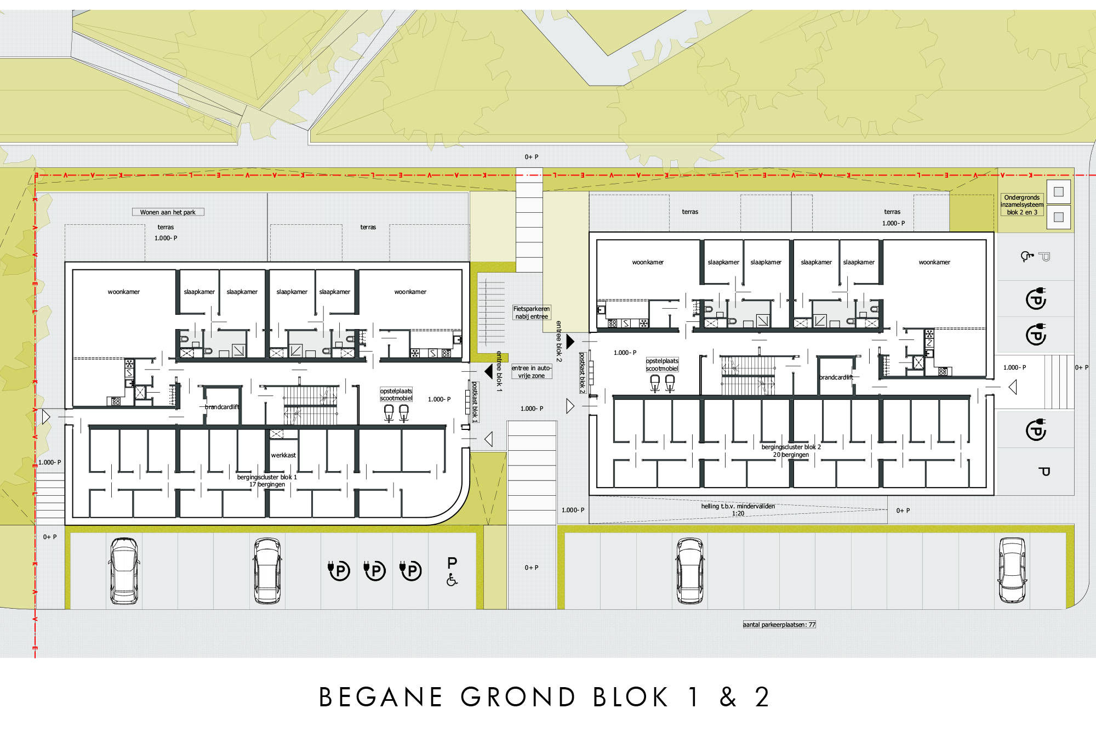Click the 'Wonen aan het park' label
(x=168, y=212)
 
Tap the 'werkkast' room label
(x=283, y=455)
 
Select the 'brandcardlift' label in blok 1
(x=222, y=407)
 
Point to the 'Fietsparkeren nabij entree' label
(x=532, y=313)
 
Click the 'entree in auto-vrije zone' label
(x=531, y=372)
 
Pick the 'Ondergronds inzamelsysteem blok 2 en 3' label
(x=1022, y=205)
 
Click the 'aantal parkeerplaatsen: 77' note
(x=779, y=625)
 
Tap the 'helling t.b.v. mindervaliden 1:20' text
(x=738, y=509)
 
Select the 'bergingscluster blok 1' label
(x=267, y=477)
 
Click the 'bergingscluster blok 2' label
(x=791, y=447)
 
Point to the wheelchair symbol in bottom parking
(x=452, y=580)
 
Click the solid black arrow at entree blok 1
(x=488, y=371)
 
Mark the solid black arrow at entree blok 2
(x=570, y=342)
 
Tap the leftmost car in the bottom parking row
(x=124, y=570)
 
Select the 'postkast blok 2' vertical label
(x=583, y=373)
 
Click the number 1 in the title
(x=694, y=698)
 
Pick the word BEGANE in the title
(x=380, y=698)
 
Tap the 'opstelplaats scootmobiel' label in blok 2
(x=662, y=365)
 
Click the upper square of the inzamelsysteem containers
(x=1059, y=192)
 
